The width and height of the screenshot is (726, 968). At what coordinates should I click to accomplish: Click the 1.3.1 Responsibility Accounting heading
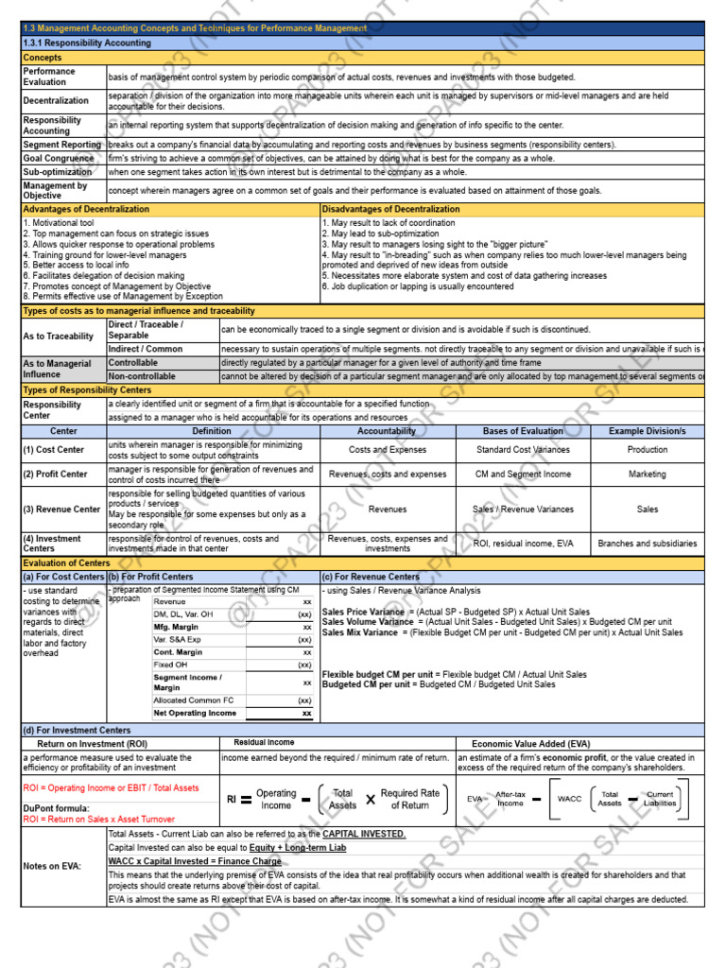(x=87, y=43)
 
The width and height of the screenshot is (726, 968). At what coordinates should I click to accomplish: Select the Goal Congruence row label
(x=59, y=159)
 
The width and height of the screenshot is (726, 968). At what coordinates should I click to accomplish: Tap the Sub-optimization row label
(x=58, y=172)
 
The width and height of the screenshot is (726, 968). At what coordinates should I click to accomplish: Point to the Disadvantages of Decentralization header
(x=391, y=209)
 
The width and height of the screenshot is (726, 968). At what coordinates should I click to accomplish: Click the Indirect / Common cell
(x=146, y=350)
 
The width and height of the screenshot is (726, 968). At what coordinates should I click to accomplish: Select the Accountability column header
(x=387, y=431)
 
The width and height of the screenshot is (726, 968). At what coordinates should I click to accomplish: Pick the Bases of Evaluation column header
(x=523, y=431)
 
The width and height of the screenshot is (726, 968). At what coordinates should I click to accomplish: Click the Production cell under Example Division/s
(x=648, y=450)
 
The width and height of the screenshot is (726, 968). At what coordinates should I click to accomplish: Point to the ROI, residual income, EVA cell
(x=523, y=544)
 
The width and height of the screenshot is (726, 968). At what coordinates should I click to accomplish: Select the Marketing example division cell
(x=648, y=475)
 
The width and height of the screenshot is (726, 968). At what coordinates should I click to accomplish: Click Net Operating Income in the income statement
(x=196, y=713)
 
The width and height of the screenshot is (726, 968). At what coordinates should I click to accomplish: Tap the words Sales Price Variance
(x=363, y=612)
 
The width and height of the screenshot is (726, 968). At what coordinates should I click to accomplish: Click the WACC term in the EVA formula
(x=570, y=799)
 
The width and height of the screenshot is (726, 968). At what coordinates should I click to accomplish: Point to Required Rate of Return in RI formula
(x=409, y=800)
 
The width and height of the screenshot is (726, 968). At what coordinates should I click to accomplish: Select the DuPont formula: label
(x=56, y=808)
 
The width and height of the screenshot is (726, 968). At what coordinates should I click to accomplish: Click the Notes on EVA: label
(x=53, y=866)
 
